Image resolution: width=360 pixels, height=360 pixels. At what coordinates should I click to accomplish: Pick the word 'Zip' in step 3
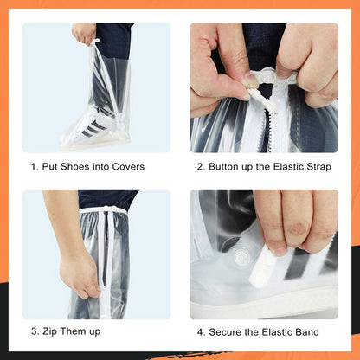(x=53, y=332)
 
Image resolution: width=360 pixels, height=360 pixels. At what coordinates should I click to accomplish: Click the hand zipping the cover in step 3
(x=78, y=275)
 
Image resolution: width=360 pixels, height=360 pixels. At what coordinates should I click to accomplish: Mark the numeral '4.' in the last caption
(x=201, y=332)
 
